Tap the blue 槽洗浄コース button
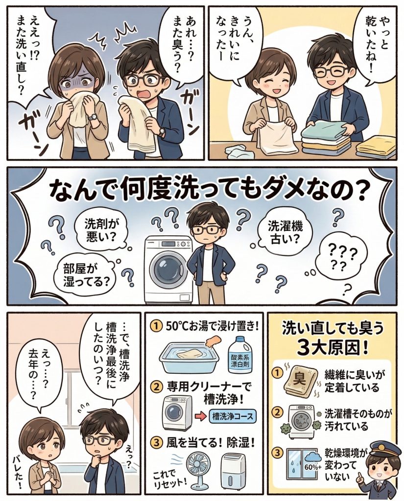pos(232,416)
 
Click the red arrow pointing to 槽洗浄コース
pos(201,417)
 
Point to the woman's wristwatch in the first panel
pos(93,117)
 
